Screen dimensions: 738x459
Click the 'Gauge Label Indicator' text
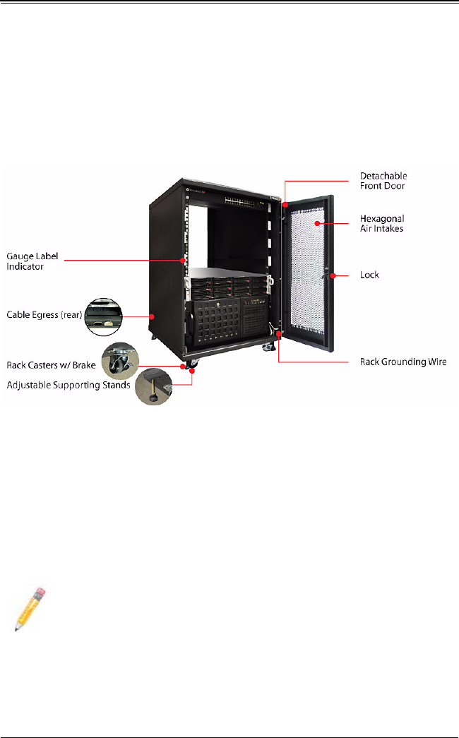[32, 260]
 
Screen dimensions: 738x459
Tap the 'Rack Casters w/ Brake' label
[52, 365]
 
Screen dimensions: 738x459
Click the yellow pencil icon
[29, 609]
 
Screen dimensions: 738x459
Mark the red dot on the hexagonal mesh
[318, 223]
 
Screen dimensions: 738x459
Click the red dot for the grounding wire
[280, 332]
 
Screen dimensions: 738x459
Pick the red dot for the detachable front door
[285, 205]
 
